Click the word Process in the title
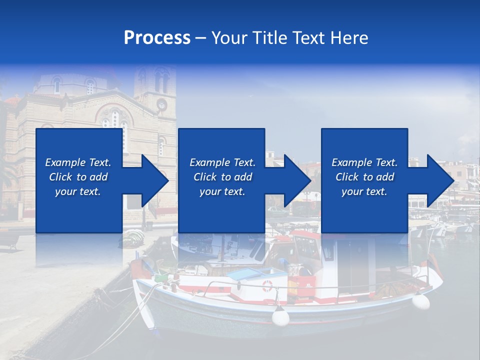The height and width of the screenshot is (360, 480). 157,38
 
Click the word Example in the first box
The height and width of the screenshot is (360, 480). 65,162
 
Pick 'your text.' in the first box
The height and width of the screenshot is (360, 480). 78,191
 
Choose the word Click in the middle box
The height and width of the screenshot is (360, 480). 205,177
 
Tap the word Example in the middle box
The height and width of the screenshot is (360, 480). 209,162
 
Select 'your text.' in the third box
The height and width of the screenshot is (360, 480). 364,191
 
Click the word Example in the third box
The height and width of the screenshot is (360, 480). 351,162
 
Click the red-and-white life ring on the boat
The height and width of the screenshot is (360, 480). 268,286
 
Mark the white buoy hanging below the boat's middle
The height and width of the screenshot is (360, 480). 280,316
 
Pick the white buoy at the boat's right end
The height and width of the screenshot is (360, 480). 421,301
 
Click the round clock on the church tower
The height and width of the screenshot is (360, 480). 161,104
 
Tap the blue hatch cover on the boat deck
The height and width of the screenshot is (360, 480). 250,274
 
